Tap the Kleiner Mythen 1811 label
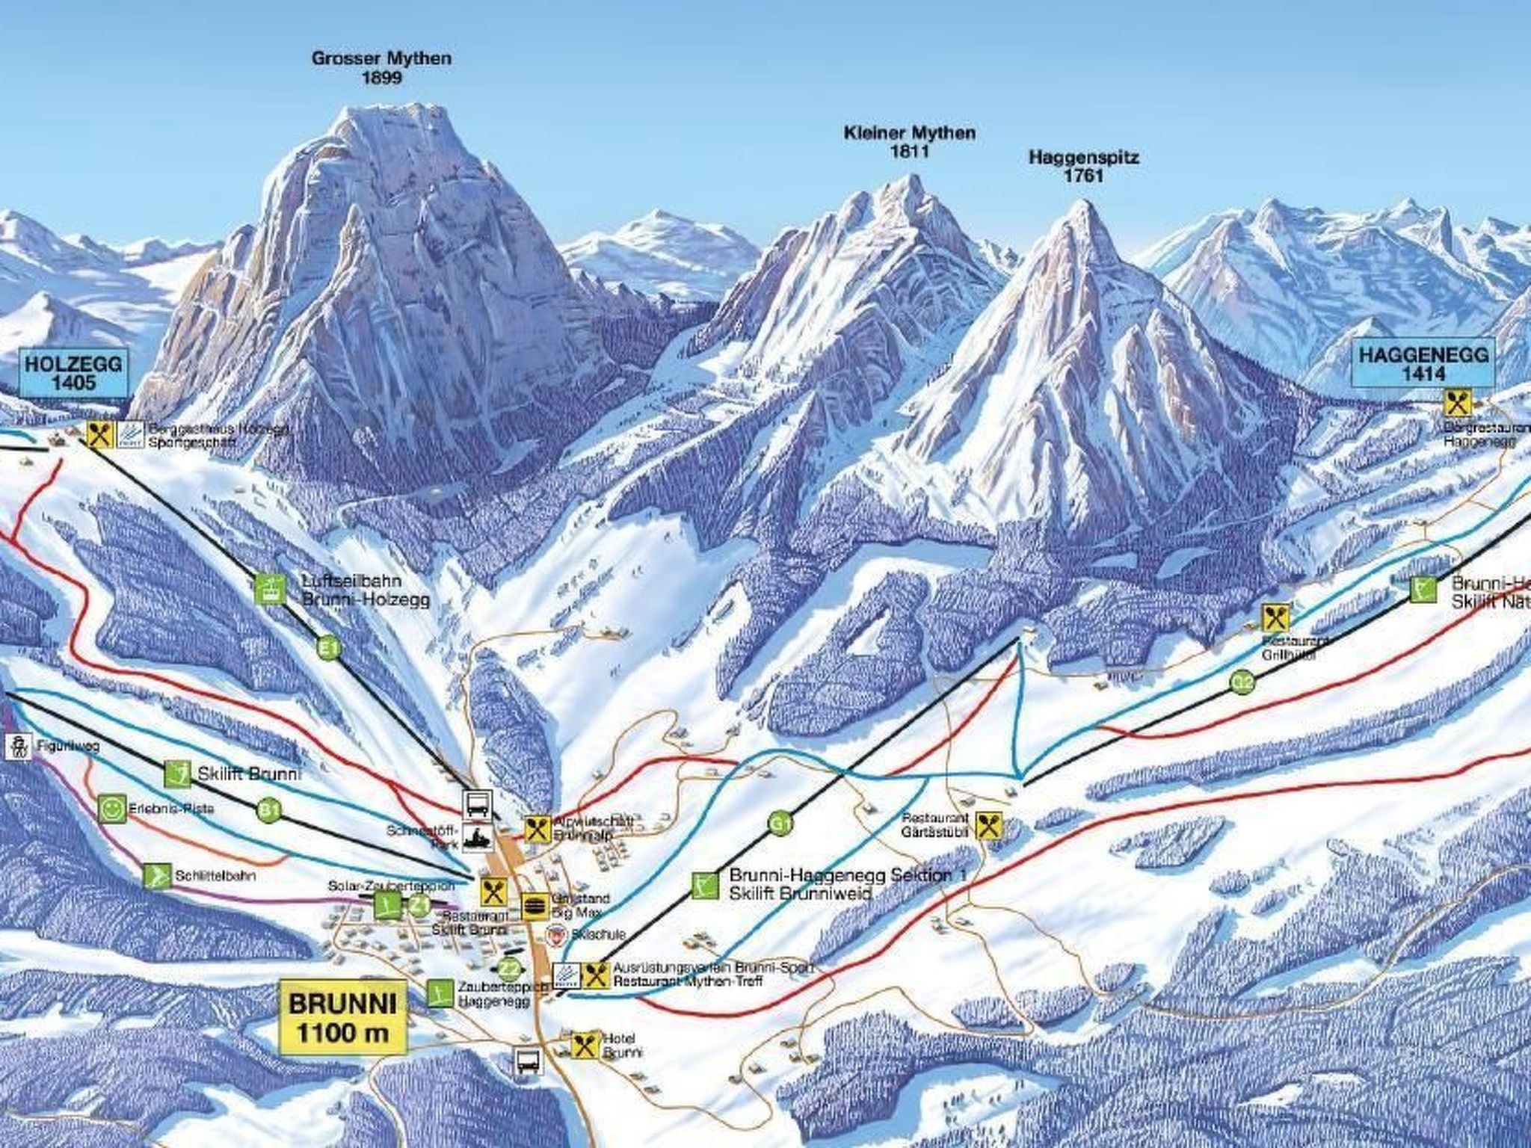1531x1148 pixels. tap(909, 142)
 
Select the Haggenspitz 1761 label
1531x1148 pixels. tap(1083, 167)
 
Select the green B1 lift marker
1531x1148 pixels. tap(270, 809)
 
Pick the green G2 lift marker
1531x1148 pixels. tap(1242, 681)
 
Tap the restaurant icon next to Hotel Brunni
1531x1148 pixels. tap(583, 1045)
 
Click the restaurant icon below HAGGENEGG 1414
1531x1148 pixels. tap(1457, 404)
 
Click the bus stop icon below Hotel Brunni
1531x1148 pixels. tap(525, 1081)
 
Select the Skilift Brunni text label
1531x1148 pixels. tap(249, 774)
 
